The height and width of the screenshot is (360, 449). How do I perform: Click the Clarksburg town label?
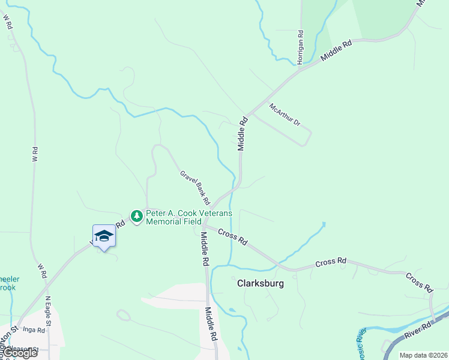click(260, 283)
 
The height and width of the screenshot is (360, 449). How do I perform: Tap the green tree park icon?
click(137, 216)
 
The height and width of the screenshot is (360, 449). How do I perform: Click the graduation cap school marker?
click(104, 235)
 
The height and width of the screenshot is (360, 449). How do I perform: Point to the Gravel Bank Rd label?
click(194, 186)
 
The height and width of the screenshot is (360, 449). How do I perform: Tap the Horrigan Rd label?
click(301, 45)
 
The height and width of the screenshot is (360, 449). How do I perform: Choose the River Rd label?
click(418, 328)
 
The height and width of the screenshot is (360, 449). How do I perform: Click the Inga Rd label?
click(34, 329)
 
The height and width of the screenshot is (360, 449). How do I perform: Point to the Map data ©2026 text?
click(423, 355)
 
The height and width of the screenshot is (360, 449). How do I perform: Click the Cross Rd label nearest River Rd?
click(419, 283)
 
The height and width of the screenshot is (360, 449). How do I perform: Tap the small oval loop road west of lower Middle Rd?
click(124, 315)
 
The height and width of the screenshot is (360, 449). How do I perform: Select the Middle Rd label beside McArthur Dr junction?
click(242, 134)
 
